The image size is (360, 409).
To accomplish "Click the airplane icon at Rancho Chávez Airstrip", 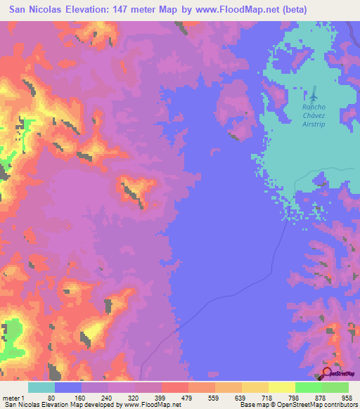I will click(x=314, y=94).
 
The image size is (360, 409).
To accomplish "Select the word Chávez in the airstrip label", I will click(x=314, y=115).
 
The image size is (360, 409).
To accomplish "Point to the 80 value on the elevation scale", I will click(x=51, y=397).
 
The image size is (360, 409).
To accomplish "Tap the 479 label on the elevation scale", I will click(x=186, y=397).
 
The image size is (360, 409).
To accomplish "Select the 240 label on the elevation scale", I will click(x=105, y=397).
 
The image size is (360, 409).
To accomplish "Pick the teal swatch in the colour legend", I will click(x=41, y=387).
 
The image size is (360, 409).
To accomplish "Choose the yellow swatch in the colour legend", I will click(x=281, y=387).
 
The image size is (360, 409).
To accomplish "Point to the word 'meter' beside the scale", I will click(x=12, y=397).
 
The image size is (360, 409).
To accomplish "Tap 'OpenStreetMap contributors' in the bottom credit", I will click(x=318, y=405).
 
